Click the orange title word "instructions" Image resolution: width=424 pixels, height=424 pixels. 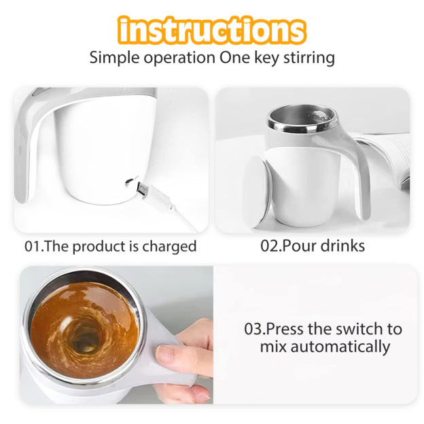[x=212, y=30]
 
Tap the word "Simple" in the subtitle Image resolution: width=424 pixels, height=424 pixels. [x=115, y=58]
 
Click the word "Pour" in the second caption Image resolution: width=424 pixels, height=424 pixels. [x=298, y=245]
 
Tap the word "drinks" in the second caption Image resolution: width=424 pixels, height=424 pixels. [x=342, y=245]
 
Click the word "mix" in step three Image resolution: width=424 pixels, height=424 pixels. [x=272, y=347]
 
